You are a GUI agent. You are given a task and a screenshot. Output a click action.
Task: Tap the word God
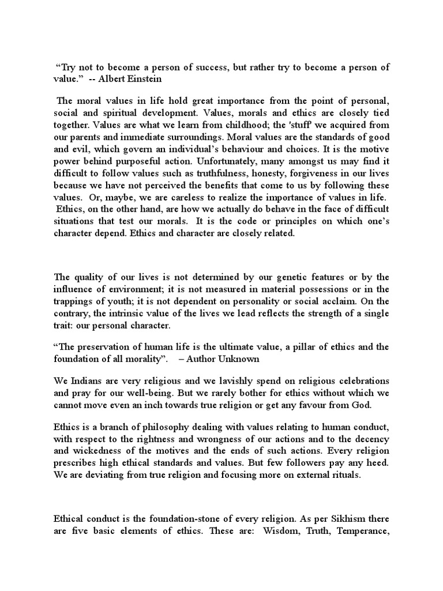[x=363, y=404]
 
